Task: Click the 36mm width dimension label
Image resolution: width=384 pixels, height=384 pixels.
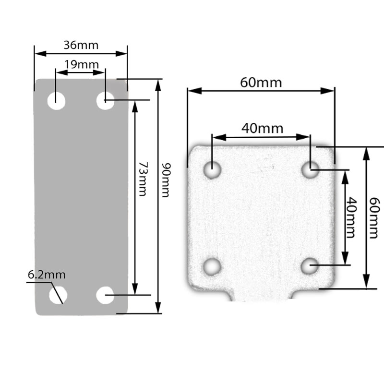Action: point(81,45)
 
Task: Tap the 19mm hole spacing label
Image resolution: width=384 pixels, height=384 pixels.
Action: point(81,64)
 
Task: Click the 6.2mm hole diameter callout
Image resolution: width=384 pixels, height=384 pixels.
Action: point(47,275)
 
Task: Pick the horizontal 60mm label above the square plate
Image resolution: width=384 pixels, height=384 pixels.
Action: point(261,82)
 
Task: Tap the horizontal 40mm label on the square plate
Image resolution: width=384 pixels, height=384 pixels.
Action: point(262,128)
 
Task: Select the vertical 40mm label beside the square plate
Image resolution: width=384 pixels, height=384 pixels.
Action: point(352,217)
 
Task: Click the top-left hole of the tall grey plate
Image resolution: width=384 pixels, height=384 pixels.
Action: point(57,101)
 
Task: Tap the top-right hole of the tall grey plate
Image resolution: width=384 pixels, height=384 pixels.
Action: point(105,101)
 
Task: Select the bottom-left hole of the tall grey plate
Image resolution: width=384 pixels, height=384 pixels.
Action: point(58,295)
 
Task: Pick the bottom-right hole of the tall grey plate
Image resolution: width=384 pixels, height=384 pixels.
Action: point(105,295)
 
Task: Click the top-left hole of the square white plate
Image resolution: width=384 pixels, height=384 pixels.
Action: point(212,169)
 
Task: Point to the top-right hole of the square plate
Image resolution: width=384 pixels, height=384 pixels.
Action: point(311,169)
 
